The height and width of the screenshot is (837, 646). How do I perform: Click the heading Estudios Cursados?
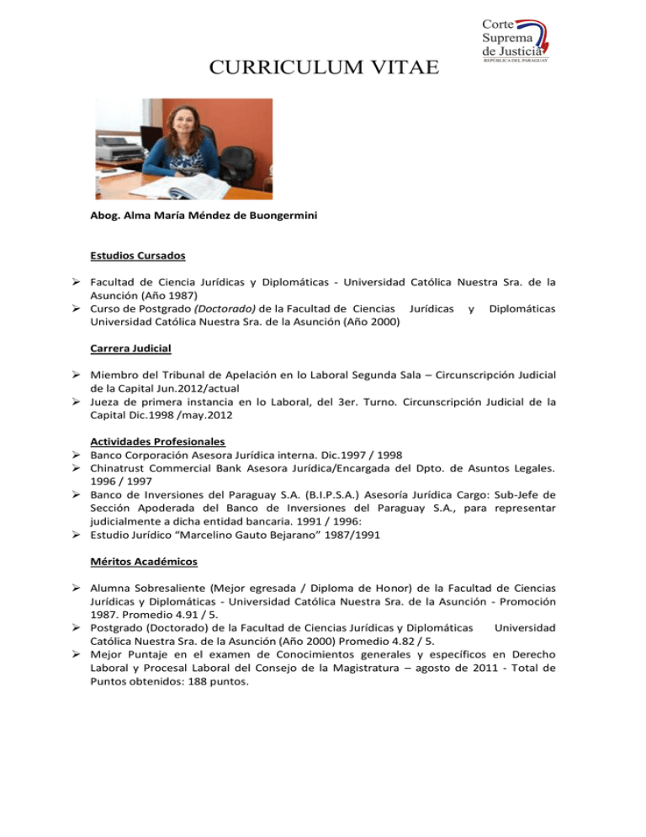tap(138, 254)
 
